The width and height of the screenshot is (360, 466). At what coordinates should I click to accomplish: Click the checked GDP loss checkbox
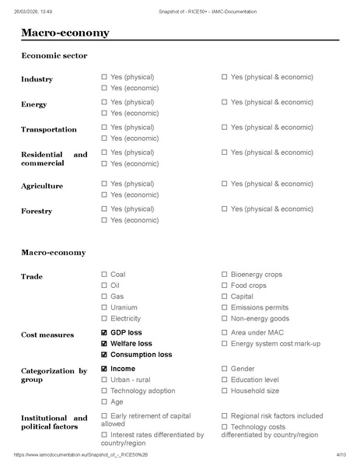pyautogui.click(x=104, y=333)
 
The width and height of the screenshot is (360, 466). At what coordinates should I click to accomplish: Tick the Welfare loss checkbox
pyautogui.click(x=104, y=344)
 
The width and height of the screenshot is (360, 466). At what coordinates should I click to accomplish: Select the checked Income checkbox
pyautogui.click(x=104, y=369)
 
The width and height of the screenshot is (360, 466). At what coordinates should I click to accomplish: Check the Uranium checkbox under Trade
pyautogui.click(x=104, y=307)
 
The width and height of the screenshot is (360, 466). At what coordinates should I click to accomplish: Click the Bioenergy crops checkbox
pyautogui.click(x=225, y=275)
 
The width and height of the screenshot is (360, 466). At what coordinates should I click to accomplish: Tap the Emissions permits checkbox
pyautogui.click(x=225, y=307)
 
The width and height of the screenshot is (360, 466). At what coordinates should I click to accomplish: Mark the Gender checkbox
pyautogui.click(x=225, y=369)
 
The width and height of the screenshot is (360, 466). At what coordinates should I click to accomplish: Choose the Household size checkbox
pyautogui.click(x=225, y=391)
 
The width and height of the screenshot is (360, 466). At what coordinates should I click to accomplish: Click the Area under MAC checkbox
pyautogui.click(x=225, y=333)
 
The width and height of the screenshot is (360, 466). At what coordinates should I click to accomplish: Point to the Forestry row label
pyautogui.click(x=37, y=212)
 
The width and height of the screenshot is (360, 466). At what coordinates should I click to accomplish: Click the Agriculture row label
pyautogui.click(x=42, y=187)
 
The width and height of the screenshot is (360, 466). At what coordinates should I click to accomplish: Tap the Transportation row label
pyautogui.click(x=48, y=130)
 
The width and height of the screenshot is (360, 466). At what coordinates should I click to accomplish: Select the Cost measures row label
pyautogui.click(x=47, y=335)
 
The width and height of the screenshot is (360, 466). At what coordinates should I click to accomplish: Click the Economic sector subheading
pyautogui.click(x=54, y=56)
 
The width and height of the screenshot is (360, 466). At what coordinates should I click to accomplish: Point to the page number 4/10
pyautogui.click(x=341, y=454)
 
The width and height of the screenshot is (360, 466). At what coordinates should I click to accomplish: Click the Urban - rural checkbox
pyautogui.click(x=104, y=380)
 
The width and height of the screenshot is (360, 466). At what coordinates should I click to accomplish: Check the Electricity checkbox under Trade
pyautogui.click(x=104, y=318)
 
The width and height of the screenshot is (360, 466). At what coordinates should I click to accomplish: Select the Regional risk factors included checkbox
pyautogui.click(x=225, y=416)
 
